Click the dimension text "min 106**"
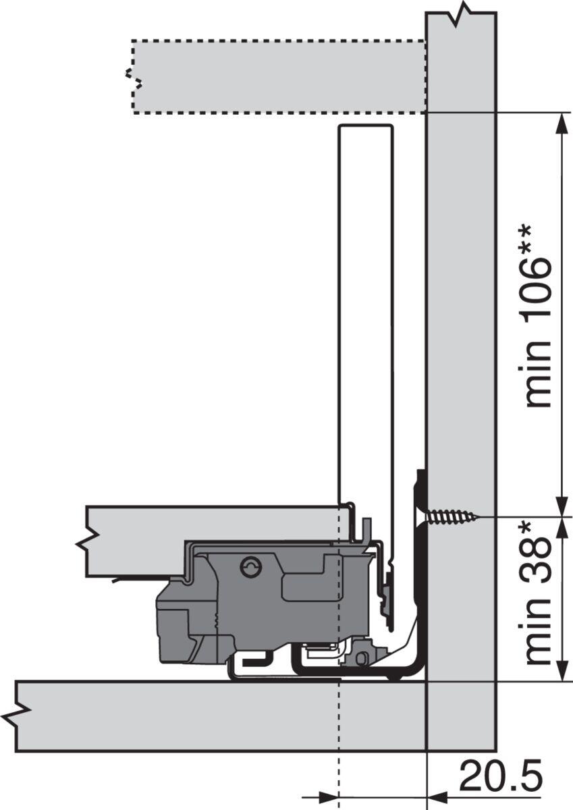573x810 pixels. click(x=539, y=317)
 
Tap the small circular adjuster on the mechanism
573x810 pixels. click(x=250, y=568)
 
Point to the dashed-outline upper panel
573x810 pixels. click(x=278, y=77)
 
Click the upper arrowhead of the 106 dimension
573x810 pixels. click(x=562, y=124)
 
